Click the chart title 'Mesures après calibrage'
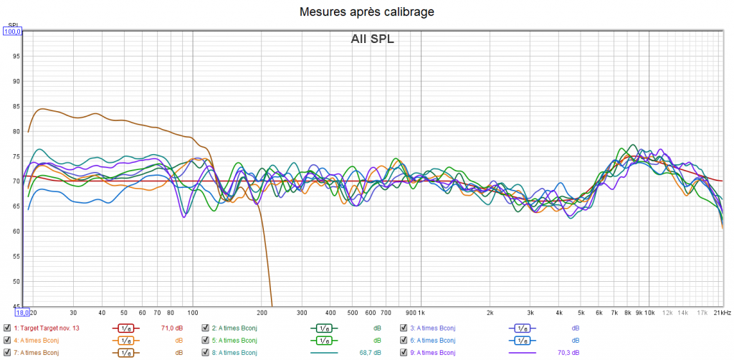(x=366, y=11)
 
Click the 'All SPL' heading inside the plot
(x=372, y=39)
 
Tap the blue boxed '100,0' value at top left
(x=14, y=31)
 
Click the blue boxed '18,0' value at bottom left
(x=22, y=313)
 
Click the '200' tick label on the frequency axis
(x=262, y=313)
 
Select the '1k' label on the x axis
(x=420, y=313)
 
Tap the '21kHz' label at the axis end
(x=722, y=313)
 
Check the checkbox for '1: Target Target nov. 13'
(x=7, y=328)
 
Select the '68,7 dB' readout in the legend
(x=371, y=352)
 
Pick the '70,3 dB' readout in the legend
(x=568, y=352)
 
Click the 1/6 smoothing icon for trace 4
(x=125, y=340)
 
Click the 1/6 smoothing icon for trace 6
(x=522, y=340)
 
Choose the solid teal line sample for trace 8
(x=323, y=352)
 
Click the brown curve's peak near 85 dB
(x=43, y=109)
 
